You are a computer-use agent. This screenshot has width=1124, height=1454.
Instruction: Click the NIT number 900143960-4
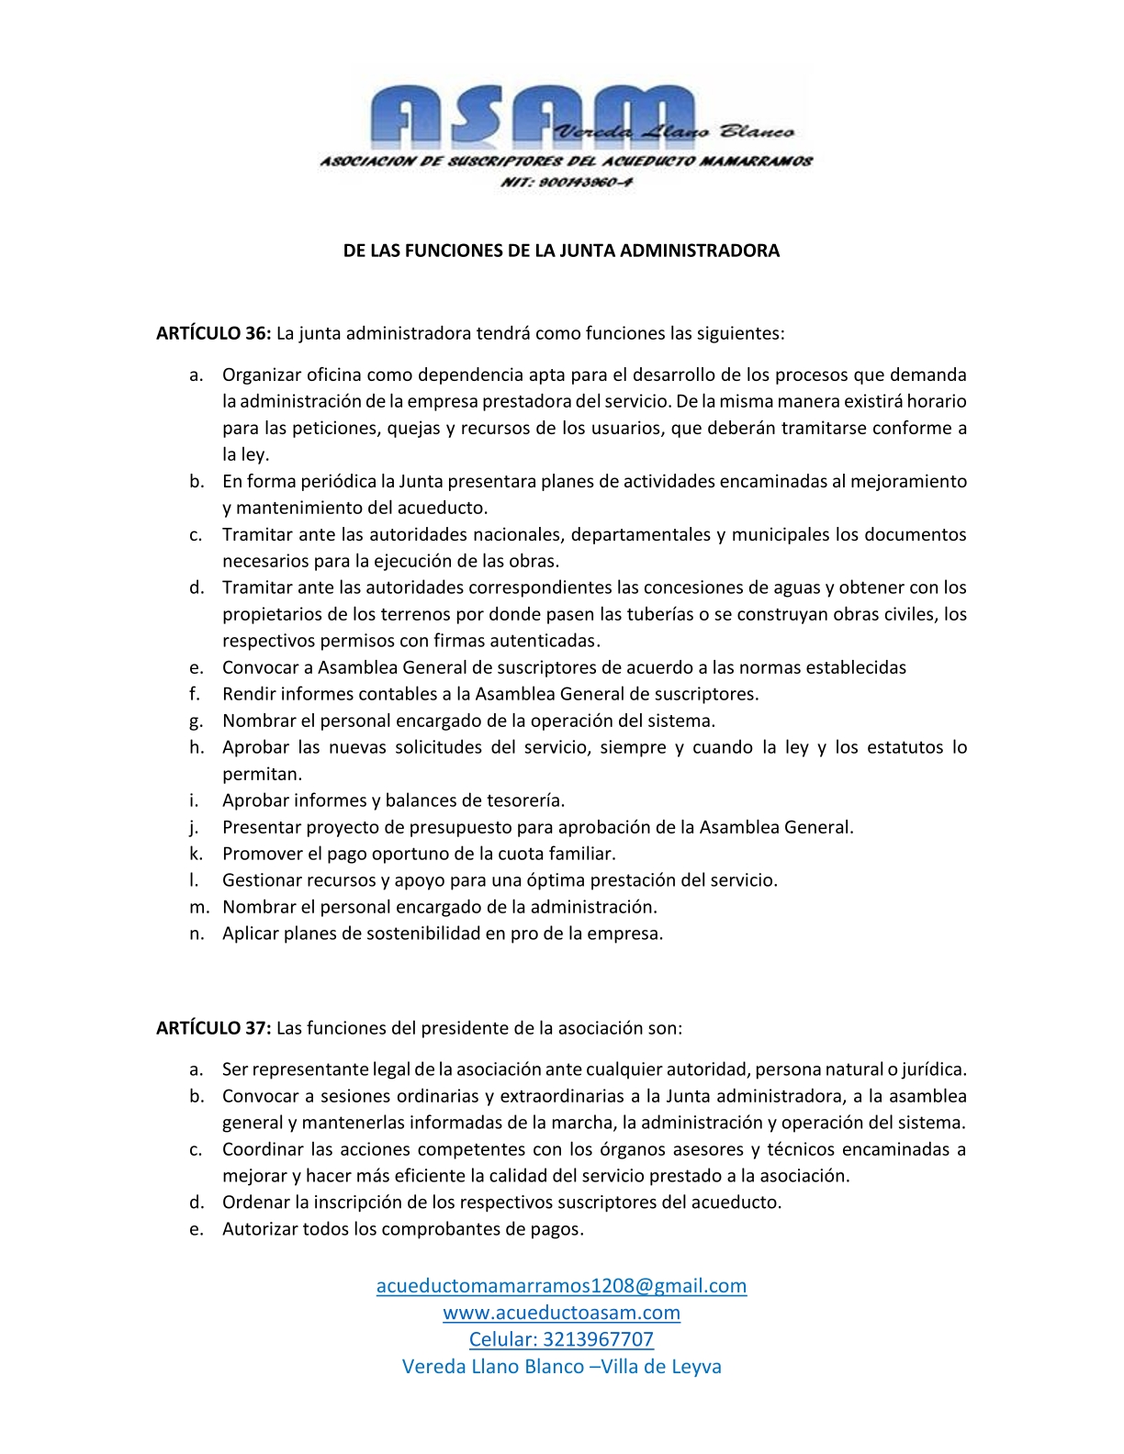coord(566,182)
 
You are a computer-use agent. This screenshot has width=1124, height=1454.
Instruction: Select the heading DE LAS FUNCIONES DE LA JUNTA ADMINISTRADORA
coord(561,251)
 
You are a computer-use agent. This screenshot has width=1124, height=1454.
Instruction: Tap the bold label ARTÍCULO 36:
coord(213,333)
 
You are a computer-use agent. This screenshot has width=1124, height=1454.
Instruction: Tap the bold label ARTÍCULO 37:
coord(213,1028)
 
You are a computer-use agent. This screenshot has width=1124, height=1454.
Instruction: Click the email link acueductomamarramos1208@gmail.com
coord(561,1285)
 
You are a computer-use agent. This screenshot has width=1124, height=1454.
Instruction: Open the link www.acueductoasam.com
coord(561,1313)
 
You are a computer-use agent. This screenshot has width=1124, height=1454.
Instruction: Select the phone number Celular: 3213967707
coord(561,1339)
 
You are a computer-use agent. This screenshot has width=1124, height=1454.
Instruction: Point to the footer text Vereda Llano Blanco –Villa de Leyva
coord(561,1366)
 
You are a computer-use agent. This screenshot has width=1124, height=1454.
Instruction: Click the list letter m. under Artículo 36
coord(198,907)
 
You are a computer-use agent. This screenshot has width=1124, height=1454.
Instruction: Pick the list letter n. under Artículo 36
coord(197,934)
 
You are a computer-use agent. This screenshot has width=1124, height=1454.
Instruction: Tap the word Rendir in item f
coord(249,694)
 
